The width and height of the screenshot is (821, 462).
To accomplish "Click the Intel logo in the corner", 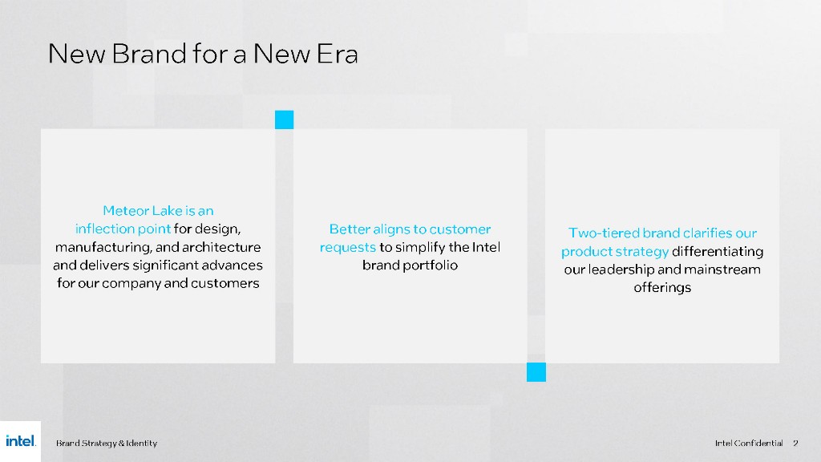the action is point(21,441).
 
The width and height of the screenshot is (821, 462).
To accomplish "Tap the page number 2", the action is point(795,443).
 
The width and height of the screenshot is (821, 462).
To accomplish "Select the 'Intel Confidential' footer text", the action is point(749,443).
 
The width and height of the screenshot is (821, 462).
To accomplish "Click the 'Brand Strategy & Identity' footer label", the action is point(107,443).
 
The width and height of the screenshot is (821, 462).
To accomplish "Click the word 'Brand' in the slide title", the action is point(148,54).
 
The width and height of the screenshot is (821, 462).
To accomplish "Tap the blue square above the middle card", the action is point(285,120).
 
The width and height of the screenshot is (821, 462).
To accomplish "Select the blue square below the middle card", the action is point(536,372).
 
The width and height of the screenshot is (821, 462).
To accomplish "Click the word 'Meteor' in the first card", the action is point(126,211).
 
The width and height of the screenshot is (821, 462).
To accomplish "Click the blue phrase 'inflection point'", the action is point(123,229).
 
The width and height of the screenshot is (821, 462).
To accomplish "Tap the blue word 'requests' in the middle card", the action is point(348,247).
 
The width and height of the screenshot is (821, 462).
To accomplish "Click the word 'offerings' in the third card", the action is point(662,288).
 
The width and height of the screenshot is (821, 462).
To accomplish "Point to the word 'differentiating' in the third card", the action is point(718,251).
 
